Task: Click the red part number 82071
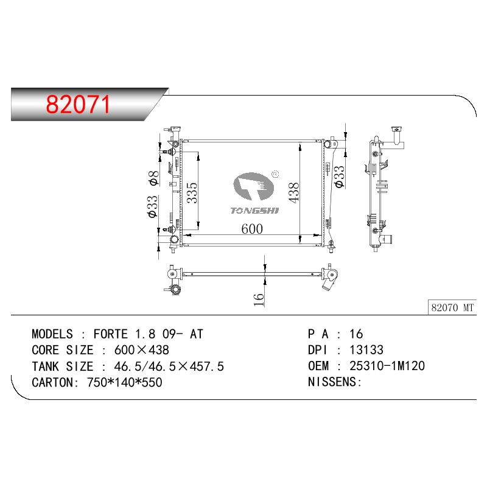78,104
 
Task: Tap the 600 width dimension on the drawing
252,229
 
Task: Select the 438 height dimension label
293,192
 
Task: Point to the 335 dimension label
192,193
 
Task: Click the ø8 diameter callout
154,178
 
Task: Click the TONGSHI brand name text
254,211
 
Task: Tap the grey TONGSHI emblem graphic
253,186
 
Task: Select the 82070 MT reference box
452,307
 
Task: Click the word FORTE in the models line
111,334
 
